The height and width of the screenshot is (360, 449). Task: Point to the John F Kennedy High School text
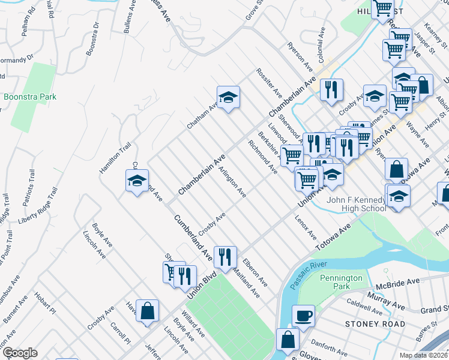[356, 204]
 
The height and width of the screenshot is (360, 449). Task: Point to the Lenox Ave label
[305, 229]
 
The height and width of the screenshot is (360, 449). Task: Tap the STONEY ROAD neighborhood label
[368, 324]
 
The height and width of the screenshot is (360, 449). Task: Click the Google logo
[20, 353]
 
